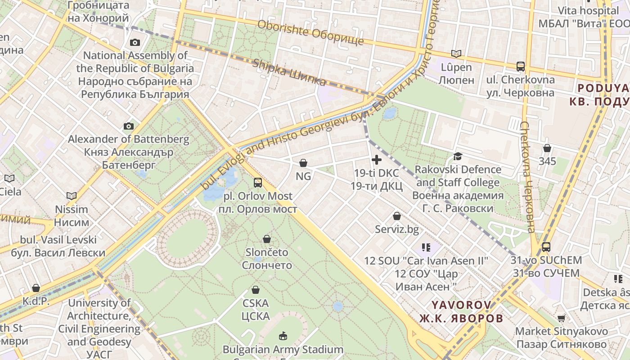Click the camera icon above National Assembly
(x=135, y=43)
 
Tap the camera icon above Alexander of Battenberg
(x=129, y=126)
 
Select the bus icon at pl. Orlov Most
(x=258, y=182)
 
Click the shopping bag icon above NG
(x=303, y=162)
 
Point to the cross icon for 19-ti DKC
(x=377, y=159)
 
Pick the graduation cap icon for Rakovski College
(x=458, y=156)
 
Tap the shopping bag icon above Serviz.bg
(x=397, y=216)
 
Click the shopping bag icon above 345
(x=547, y=148)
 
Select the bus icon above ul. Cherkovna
(x=521, y=67)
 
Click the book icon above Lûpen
(x=456, y=54)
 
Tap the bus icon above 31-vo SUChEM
(x=546, y=247)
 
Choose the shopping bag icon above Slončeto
(x=267, y=238)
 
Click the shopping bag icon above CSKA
(x=256, y=290)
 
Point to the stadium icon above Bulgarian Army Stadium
(x=283, y=336)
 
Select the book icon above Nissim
(x=72, y=196)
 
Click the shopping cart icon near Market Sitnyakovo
(x=562, y=318)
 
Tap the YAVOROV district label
(x=461, y=305)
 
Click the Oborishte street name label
(x=310, y=32)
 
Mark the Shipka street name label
(x=289, y=72)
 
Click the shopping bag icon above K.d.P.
(x=36, y=288)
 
